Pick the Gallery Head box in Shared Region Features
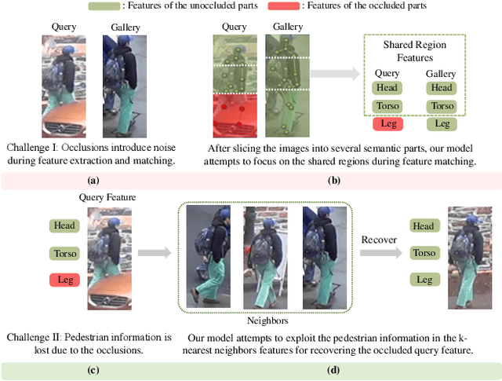click(x=442, y=88)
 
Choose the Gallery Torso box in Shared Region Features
click(x=442, y=106)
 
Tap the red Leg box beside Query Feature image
click(x=64, y=280)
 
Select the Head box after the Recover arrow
click(x=423, y=226)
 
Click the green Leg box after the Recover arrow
click(x=423, y=280)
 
